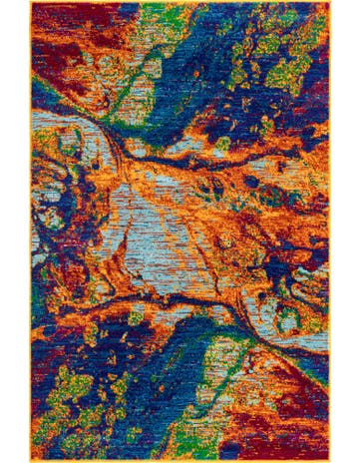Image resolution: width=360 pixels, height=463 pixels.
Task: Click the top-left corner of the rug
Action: [x=31, y=3]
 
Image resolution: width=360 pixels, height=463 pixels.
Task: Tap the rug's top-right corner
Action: [x=329, y=3]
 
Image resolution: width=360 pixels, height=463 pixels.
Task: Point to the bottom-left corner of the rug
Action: [x=31, y=460]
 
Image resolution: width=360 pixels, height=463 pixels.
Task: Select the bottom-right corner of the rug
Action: [x=329, y=460]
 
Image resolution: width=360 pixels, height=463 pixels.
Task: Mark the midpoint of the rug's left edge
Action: [x=31, y=231]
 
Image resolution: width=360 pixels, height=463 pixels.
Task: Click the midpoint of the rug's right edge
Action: [x=329, y=231]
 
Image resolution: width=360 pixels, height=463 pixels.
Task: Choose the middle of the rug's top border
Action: [x=180, y=3]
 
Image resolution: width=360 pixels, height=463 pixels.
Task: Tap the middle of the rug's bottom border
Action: [x=180, y=460]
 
